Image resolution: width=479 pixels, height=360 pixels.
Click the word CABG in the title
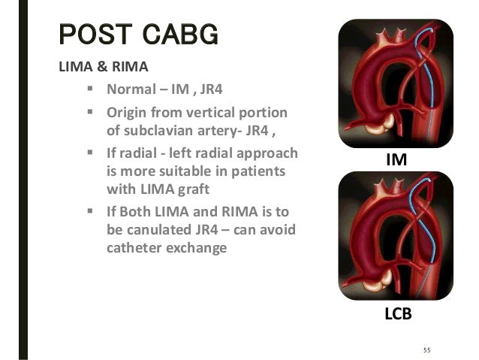[176, 35]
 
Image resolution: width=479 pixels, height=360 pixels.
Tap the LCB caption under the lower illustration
[397, 314]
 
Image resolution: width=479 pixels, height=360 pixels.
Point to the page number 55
[427, 349]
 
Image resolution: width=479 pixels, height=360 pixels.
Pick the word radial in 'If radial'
[140, 153]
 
